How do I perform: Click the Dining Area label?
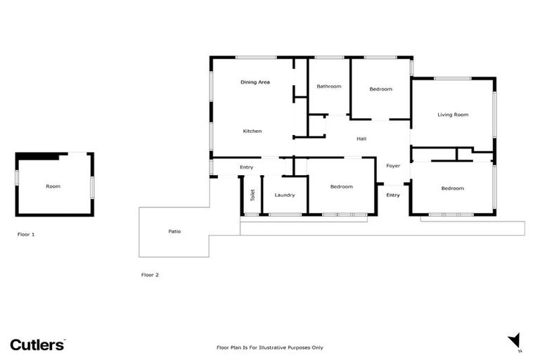pos(255,82)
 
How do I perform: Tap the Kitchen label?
pos(252,131)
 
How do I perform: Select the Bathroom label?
pos(329,86)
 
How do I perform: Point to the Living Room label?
pos(453,115)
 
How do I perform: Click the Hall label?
pos(361,139)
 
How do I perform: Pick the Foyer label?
pos(393,166)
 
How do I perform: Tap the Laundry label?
pos(285,195)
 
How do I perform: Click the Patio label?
pos(174,231)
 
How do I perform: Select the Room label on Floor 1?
pos(53,186)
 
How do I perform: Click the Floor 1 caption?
pos(26,234)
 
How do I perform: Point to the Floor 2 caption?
pos(150,275)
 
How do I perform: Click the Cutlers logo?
pos(37,345)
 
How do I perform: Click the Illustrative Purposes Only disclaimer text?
pos(269,347)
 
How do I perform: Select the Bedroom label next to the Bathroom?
pos(380,89)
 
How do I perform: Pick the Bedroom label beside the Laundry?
pos(341,186)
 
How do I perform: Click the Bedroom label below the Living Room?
pos(452,188)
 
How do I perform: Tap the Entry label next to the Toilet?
pos(246,167)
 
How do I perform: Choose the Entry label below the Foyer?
pos(393,195)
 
